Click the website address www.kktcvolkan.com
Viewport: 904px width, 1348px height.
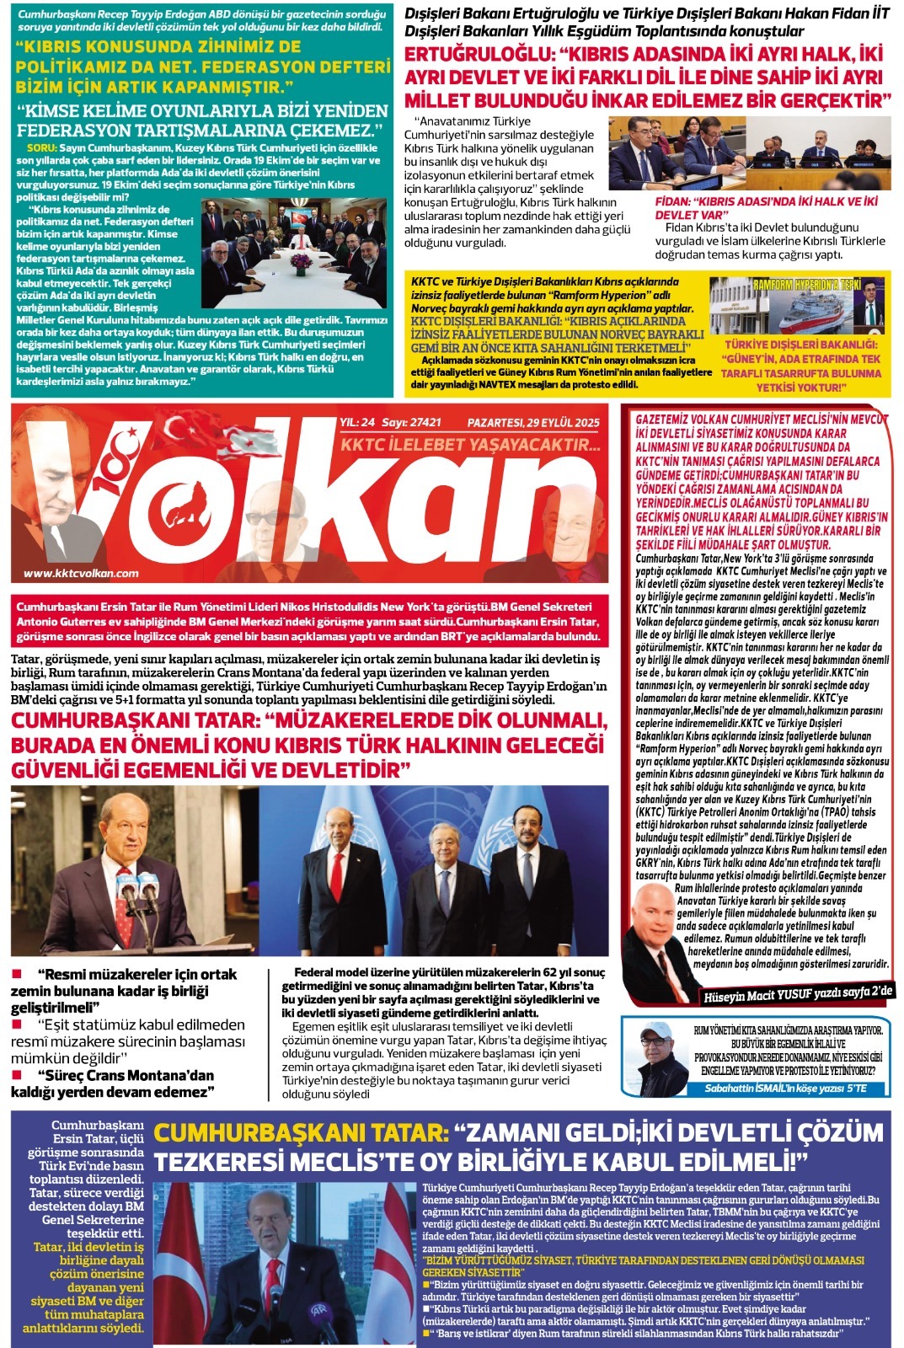coord(81,573)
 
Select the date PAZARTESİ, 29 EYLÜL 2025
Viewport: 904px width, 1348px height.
coord(533,422)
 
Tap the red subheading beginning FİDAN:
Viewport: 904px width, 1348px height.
coord(766,207)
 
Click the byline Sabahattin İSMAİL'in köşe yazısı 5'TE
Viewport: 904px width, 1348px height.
coord(785,1089)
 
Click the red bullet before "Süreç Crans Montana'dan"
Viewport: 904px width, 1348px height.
coord(17,1075)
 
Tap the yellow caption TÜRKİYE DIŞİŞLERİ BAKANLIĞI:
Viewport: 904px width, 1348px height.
coord(800,345)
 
